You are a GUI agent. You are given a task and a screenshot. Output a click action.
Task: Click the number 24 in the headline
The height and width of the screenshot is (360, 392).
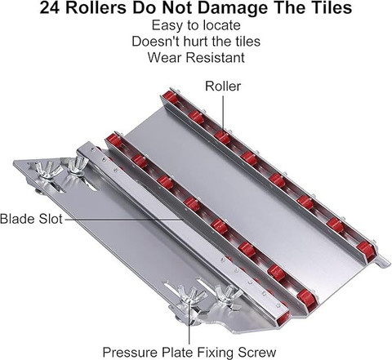tap(51, 8)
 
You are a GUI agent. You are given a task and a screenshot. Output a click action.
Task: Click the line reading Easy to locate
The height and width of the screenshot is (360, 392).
tap(196, 25)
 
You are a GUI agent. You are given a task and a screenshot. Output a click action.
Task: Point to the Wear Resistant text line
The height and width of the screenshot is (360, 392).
tap(196, 57)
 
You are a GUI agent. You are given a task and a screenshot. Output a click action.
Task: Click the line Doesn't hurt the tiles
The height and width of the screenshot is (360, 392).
tap(196, 42)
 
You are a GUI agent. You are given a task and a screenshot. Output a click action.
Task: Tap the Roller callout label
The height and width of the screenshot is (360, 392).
tap(223, 86)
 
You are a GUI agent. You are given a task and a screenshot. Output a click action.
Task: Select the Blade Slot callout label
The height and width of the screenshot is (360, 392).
tap(31, 219)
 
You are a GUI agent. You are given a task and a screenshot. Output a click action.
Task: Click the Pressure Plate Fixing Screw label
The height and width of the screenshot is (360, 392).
tap(189, 352)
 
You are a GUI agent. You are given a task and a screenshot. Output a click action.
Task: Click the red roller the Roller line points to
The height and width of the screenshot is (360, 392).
tap(222, 137)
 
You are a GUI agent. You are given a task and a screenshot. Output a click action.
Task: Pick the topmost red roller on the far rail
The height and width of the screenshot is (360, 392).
tap(170, 97)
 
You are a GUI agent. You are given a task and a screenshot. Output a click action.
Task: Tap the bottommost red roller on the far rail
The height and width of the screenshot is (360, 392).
tap(364, 249)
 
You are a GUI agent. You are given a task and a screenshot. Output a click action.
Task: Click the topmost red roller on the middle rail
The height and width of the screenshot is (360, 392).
tap(114, 140)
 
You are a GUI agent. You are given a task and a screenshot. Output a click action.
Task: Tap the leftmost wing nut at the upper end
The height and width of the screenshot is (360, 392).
tap(49, 169)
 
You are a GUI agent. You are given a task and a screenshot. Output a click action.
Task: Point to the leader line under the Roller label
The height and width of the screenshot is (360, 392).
tap(223, 113)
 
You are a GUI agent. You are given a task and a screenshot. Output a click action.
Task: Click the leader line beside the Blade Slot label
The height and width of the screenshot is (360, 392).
tap(124, 219)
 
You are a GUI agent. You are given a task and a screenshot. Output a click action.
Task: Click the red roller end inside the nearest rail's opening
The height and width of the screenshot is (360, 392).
tap(283, 318)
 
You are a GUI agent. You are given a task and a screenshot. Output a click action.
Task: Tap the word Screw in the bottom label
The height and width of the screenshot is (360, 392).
tap(257, 352)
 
